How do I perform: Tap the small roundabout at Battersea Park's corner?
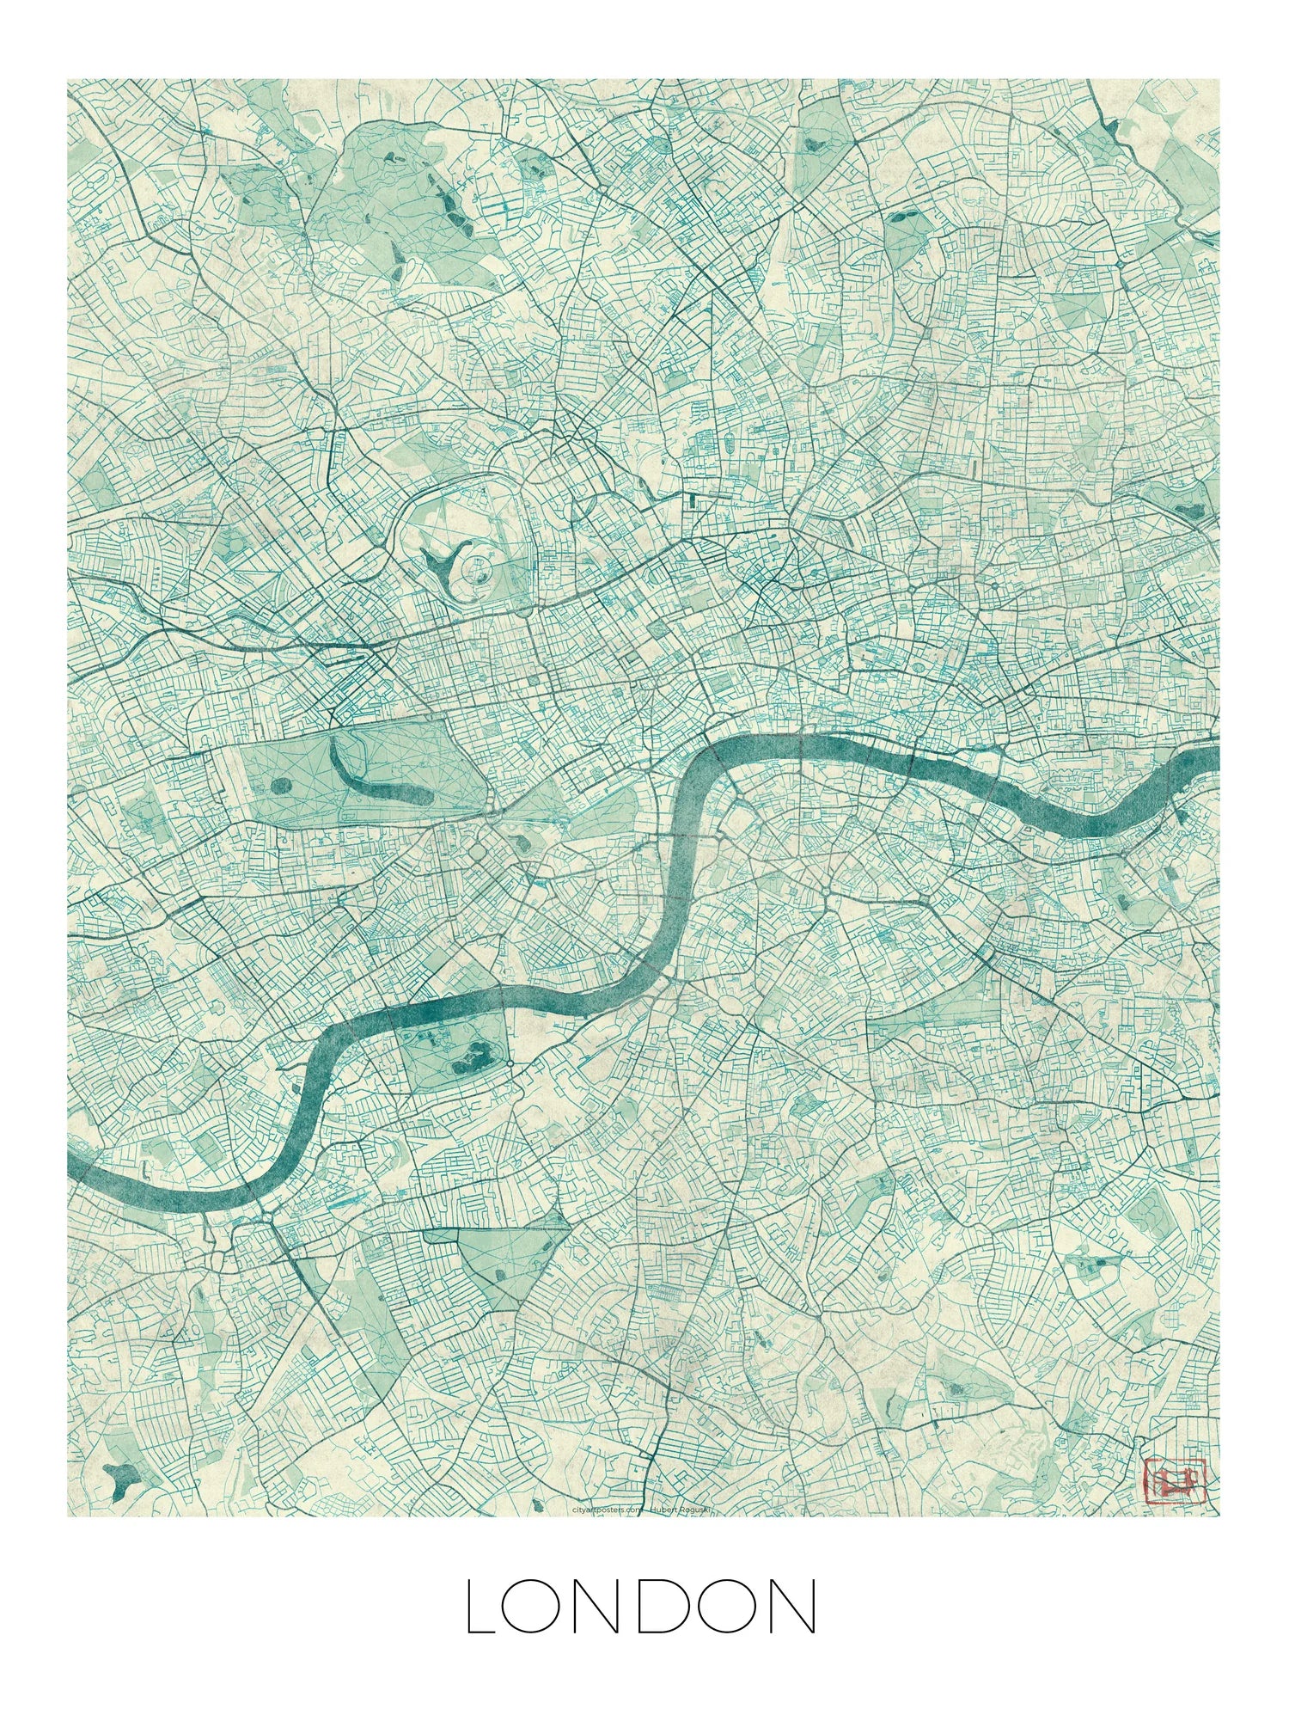coord(510,1065)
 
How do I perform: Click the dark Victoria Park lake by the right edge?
coord(1189,510)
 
